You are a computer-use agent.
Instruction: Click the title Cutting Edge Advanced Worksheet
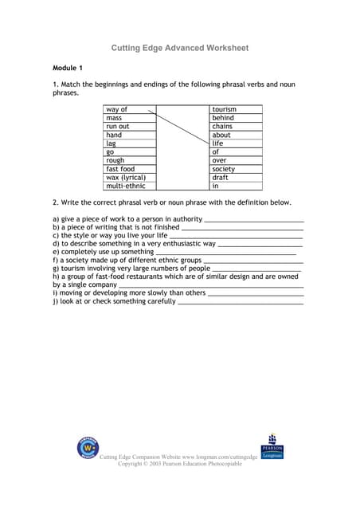point(179,49)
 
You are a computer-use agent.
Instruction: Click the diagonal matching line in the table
point(182,128)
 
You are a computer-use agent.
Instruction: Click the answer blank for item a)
point(254,220)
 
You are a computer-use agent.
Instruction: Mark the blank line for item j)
point(240,304)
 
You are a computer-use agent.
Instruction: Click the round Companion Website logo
point(88,449)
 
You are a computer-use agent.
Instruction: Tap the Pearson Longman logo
point(272,446)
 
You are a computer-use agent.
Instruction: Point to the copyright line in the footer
point(180,463)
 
